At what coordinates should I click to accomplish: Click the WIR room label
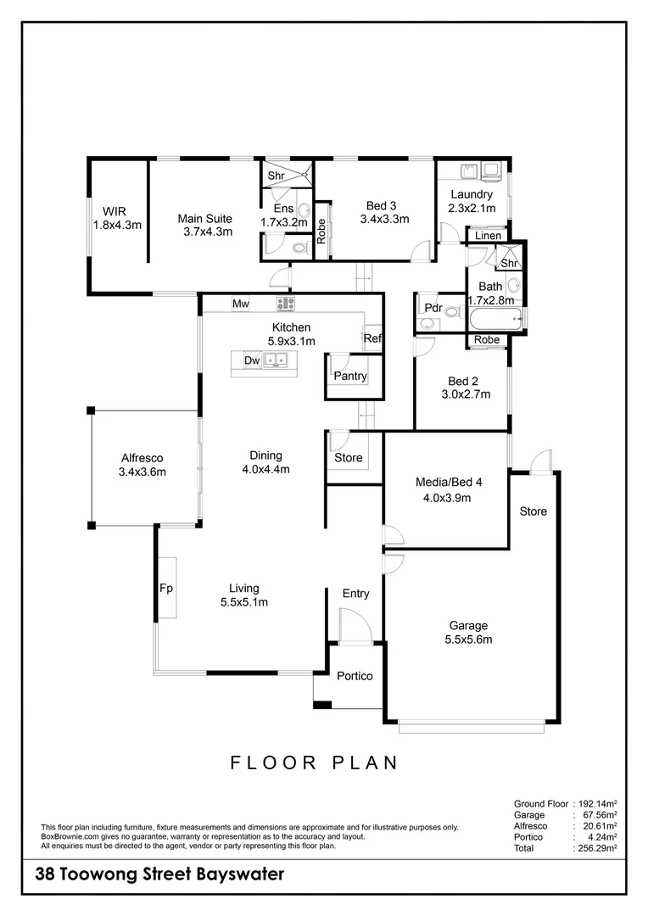point(116,210)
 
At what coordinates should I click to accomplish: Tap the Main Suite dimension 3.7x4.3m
point(207,232)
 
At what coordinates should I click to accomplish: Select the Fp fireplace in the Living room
point(166,588)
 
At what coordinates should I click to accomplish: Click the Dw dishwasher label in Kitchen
point(252,360)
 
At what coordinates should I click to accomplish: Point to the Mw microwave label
point(240,304)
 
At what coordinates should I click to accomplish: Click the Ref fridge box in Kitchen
point(372,338)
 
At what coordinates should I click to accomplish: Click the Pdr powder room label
point(433,308)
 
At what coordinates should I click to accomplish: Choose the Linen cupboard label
point(488,236)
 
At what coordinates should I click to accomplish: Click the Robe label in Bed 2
point(487,340)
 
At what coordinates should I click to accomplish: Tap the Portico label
point(355,676)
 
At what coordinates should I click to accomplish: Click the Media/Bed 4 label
point(448,482)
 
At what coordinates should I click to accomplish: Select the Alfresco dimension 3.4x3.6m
point(142,472)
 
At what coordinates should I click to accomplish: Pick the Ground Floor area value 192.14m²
point(597,802)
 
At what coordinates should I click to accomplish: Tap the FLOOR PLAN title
point(315,762)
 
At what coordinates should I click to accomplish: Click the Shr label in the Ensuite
point(277,176)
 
